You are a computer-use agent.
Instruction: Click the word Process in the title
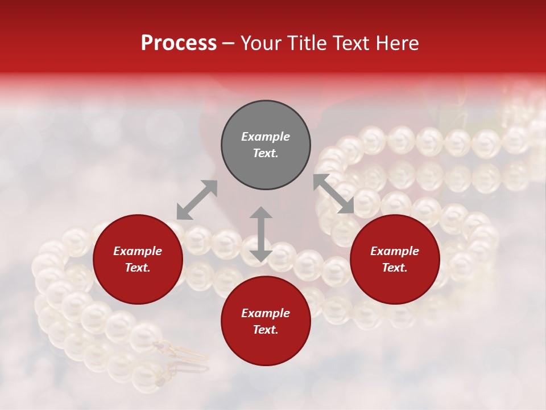click(x=179, y=43)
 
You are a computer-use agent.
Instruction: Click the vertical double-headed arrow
click(x=261, y=234)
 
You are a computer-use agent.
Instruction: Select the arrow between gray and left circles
click(x=197, y=200)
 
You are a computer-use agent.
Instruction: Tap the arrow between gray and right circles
click(x=334, y=194)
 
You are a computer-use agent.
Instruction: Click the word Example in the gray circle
click(x=266, y=137)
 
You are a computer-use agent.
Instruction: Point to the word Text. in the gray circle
click(x=266, y=153)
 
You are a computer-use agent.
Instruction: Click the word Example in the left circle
click(x=138, y=251)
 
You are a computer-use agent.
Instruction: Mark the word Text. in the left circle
click(x=138, y=268)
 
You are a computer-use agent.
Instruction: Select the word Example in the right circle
click(x=395, y=251)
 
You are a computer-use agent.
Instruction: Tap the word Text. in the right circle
click(x=395, y=268)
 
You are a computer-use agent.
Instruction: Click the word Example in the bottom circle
click(x=266, y=313)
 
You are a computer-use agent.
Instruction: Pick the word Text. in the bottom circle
click(x=266, y=330)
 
